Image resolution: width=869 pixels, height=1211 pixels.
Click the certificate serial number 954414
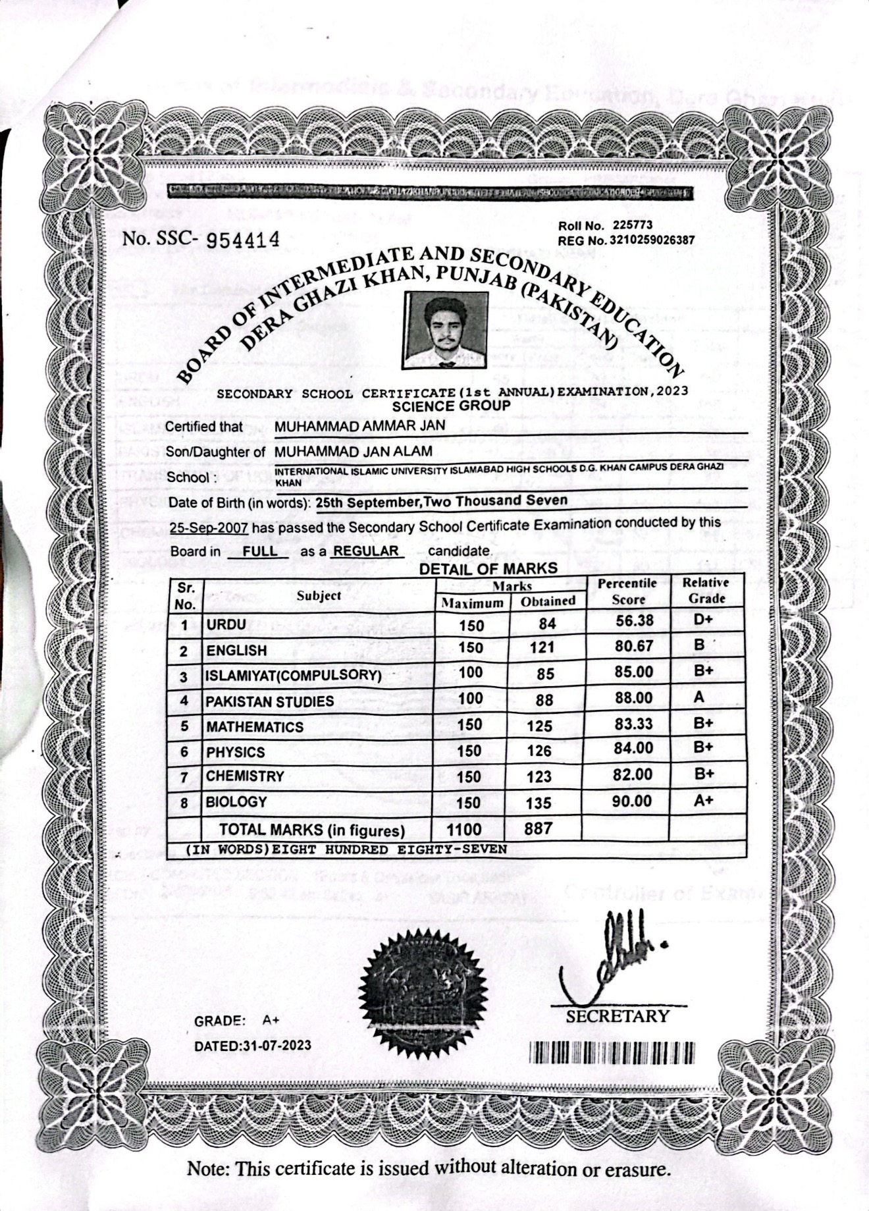click(x=244, y=240)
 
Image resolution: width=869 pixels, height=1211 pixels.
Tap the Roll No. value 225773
click(x=632, y=225)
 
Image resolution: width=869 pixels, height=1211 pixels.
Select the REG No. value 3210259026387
click(x=652, y=240)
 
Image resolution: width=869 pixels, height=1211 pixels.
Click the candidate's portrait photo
click(x=446, y=330)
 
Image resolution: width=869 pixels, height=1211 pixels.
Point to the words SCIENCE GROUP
click(x=451, y=406)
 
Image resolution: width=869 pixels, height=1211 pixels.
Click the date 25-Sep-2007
click(x=209, y=528)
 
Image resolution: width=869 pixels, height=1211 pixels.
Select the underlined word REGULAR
click(x=366, y=551)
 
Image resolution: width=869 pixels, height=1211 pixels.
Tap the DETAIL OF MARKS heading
click(x=488, y=568)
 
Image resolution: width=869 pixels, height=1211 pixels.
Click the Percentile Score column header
click(x=627, y=591)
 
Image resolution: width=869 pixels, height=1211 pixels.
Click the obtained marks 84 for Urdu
click(x=547, y=624)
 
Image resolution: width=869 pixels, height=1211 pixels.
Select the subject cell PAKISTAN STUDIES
click(x=270, y=702)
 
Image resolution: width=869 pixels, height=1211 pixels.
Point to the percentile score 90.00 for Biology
click(x=633, y=801)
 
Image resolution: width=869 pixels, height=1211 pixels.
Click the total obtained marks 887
click(x=538, y=828)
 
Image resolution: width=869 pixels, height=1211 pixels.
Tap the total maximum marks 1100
click(x=464, y=830)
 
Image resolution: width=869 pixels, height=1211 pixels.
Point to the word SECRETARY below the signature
click(x=618, y=1016)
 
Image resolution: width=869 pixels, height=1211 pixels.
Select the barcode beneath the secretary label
click(x=612, y=1052)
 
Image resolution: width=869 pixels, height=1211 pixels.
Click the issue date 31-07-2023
click(x=276, y=1046)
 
